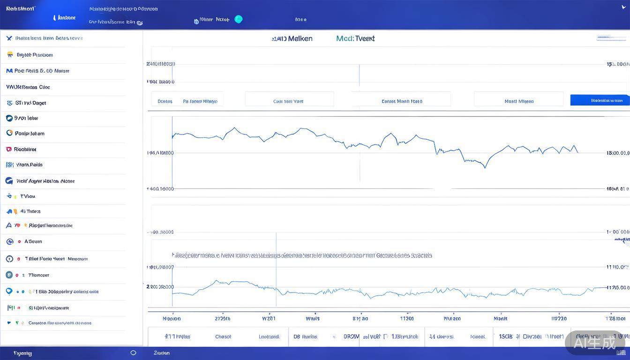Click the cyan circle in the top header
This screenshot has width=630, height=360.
(239, 19)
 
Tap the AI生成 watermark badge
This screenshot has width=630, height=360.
(596, 343)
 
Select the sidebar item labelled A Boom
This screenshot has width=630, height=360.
(33, 241)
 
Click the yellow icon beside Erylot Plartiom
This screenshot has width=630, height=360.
(10, 55)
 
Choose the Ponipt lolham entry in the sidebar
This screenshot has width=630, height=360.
(30, 134)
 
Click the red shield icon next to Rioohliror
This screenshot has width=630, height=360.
(9, 150)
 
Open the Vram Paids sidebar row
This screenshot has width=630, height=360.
(29, 165)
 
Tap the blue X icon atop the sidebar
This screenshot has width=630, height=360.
(9, 38)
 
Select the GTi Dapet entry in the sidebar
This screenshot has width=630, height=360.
(30, 103)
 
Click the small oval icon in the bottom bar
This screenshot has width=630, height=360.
(133, 353)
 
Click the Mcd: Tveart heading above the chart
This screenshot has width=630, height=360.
(355, 38)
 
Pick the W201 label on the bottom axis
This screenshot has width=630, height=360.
(269, 318)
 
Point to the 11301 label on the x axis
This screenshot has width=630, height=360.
(406, 318)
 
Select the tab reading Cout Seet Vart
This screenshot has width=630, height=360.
(288, 101)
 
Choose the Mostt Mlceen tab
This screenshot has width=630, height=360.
(519, 101)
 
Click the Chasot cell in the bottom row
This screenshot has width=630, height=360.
(223, 337)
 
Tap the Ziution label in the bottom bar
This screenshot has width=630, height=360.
(162, 353)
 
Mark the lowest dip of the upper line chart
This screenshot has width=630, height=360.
(485, 167)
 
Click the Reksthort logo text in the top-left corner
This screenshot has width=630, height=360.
(21, 9)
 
